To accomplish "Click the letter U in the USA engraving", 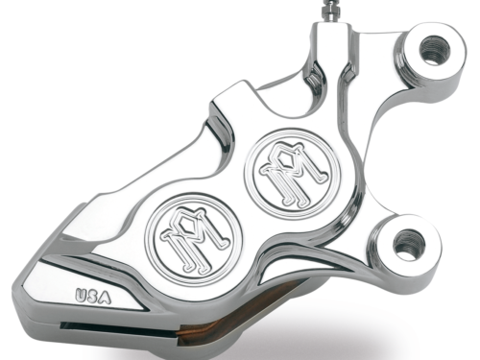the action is [81, 295].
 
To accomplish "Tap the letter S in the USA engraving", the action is [92, 296].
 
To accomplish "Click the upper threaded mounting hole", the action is [435, 50].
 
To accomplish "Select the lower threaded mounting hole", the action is [408, 244].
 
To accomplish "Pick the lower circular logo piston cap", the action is [193, 239].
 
